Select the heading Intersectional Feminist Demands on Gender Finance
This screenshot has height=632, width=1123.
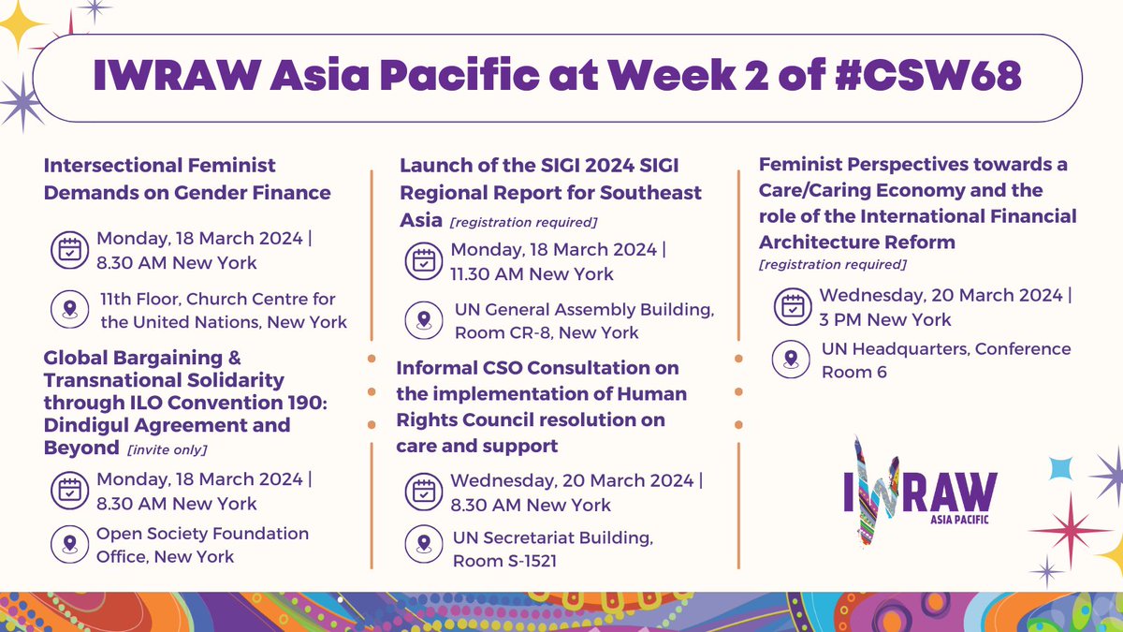pyautogui.click(x=187, y=180)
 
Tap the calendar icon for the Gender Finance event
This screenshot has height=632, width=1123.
pyautogui.click(x=70, y=248)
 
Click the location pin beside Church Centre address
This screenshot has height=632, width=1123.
pyautogui.click(x=70, y=311)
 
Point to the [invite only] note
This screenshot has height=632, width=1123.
pyautogui.click(x=167, y=450)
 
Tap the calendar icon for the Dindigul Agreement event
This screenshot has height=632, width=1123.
pyautogui.click(x=70, y=492)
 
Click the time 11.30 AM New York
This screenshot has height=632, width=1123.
pyautogui.click(x=532, y=273)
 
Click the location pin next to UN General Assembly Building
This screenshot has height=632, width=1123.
pyautogui.click(x=424, y=320)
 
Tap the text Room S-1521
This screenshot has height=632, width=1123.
pyautogui.click(x=511, y=561)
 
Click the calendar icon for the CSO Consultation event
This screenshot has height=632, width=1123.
pyautogui.click(x=424, y=492)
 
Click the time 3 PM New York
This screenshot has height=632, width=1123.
pyautogui.click(x=885, y=318)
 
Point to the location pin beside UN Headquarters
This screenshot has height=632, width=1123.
pyautogui.click(x=794, y=359)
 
